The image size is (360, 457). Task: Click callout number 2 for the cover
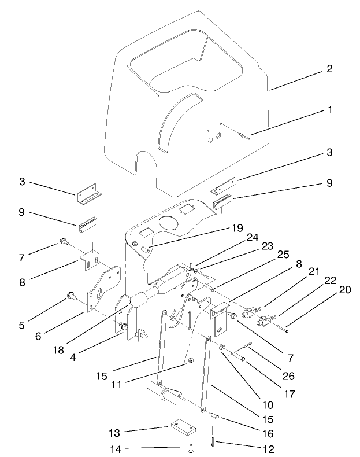(x=329, y=69)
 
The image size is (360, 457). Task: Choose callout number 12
(x=266, y=448)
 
